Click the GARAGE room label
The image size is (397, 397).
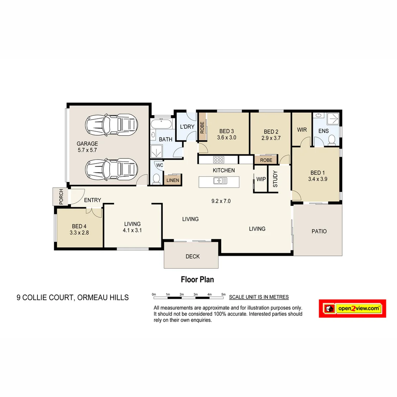click(87, 144)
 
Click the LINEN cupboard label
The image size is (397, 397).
click(173, 180)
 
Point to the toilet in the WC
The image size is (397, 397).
click(156, 179)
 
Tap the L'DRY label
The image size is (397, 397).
click(187, 127)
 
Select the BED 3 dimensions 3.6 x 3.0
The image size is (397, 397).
click(226, 138)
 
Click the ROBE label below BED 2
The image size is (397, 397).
click(266, 160)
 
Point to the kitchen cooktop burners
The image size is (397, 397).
click(219, 160)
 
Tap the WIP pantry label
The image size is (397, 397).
click(261, 179)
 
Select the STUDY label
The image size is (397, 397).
click(275, 179)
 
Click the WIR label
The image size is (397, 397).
click(302, 130)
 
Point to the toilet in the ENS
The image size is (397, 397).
click(332, 139)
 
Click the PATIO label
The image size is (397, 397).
click(319, 231)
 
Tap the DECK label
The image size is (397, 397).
click(193, 256)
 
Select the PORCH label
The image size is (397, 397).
click(61, 197)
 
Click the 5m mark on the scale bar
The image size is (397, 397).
click(223, 294)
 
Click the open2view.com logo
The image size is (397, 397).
click(352, 308)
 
